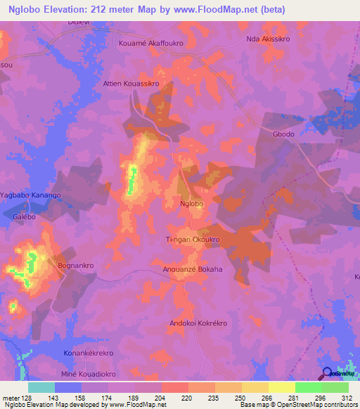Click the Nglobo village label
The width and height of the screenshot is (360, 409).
click(192, 204)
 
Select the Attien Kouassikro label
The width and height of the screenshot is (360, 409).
click(131, 83)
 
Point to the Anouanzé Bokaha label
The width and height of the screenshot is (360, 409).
click(192, 269)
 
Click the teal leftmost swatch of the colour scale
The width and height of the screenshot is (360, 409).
click(41, 387)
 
